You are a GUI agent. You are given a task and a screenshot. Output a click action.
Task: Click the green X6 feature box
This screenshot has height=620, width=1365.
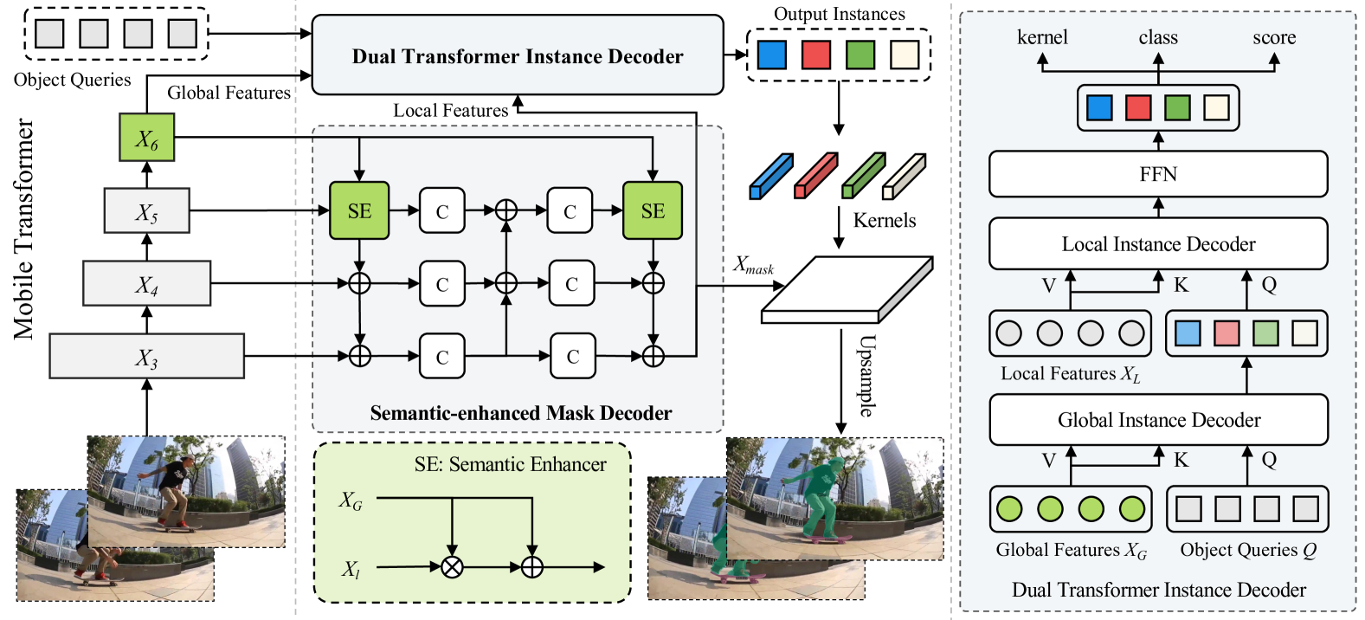(146, 138)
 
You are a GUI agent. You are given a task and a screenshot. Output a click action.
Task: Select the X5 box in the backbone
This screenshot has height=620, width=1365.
(146, 211)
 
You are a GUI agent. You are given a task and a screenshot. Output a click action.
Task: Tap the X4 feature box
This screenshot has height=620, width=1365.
(146, 283)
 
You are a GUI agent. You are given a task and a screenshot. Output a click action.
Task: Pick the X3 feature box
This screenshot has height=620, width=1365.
(146, 356)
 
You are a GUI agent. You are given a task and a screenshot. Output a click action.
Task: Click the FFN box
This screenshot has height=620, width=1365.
(1157, 174)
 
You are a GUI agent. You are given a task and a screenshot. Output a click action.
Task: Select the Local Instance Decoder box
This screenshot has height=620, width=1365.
(1157, 244)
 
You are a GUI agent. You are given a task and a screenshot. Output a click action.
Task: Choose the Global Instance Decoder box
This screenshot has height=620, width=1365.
(1158, 420)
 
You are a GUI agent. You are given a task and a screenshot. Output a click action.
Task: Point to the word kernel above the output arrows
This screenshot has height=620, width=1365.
(1042, 37)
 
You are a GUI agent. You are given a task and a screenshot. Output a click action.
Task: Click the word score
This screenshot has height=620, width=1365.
(1274, 37)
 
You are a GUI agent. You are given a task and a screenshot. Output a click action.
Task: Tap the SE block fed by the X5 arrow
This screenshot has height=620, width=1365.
(359, 210)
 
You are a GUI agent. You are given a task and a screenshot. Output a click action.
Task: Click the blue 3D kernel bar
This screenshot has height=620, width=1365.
(770, 177)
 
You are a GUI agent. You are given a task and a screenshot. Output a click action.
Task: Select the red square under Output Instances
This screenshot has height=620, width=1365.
(815, 55)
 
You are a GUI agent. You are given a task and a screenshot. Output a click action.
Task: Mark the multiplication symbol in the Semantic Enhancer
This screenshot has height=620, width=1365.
(452, 567)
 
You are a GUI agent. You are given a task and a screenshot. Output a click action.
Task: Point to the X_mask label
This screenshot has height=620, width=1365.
(753, 265)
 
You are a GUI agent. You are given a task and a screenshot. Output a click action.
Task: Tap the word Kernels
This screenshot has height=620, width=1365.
(884, 220)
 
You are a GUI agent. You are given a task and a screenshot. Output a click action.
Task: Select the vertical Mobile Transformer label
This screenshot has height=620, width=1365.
(24, 229)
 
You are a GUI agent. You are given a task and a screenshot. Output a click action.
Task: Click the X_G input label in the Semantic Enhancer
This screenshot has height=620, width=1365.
(351, 501)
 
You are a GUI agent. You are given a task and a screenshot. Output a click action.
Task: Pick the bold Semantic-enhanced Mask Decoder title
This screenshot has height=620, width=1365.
(520, 413)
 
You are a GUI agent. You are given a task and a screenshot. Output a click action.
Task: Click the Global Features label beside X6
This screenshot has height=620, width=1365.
(229, 93)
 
